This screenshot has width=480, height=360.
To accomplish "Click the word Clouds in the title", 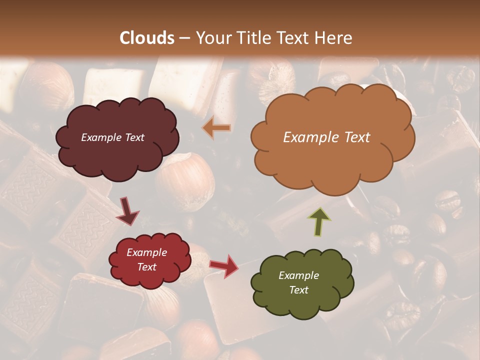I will (x=147, y=38).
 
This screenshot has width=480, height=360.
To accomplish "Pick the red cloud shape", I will (x=150, y=259).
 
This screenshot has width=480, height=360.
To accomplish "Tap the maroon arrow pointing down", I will (x=127, y=212).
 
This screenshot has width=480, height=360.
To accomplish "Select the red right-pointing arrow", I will (x=224, y=266).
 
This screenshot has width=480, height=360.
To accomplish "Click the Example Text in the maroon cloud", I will (x=112, y=137).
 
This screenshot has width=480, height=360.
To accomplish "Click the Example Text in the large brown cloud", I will (x=326, y=137).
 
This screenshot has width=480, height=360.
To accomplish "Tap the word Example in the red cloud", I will (x=146, y=252).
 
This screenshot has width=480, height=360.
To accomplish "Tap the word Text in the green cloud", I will (x=299, y=290).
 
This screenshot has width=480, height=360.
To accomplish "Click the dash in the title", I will (x=185, y=38).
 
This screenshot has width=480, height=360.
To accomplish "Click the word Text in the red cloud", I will (x=146, y=267).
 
